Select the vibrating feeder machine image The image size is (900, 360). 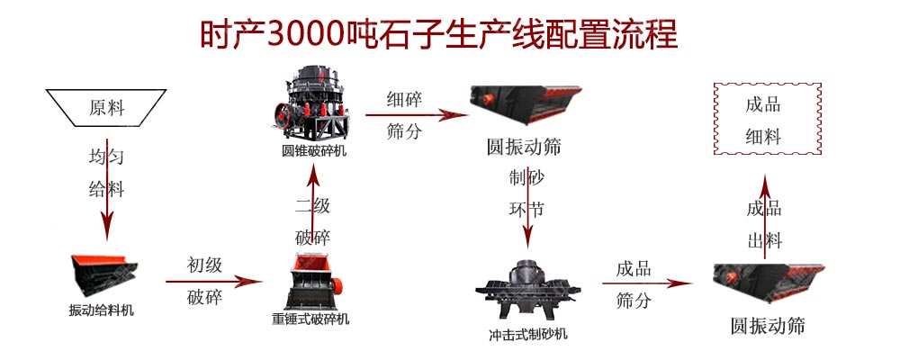click(103, 275)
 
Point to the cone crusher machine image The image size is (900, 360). click(310, 103)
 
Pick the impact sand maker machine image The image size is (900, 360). click(527, 291)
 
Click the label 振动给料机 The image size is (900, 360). click(101, 310)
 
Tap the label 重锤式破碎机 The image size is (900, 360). click(310, 319)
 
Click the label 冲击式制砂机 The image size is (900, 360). click(528, 334)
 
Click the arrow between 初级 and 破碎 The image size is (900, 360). click(213, 282)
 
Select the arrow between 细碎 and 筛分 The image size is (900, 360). click(417, 115)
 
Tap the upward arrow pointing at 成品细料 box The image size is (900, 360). click(764, 217)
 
